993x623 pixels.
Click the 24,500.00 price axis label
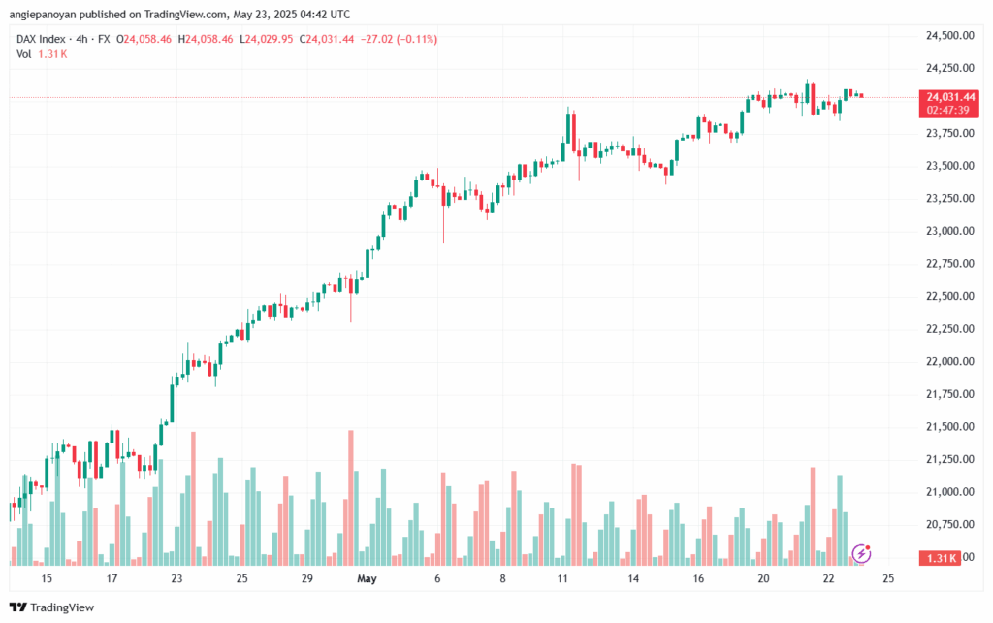tap(950, 35)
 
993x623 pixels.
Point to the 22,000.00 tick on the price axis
tap(950, 361)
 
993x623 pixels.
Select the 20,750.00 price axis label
tap(950, 524)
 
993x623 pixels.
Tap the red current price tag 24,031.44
tap(950, 97)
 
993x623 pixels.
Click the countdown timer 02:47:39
tap(950, 110)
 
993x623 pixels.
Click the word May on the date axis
tap(367, 578)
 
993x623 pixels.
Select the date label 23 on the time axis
tap(176, 578)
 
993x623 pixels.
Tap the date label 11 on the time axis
tap(562, 578)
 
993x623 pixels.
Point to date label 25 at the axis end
tap(888, 578)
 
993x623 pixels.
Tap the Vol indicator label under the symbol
tap(24, 54)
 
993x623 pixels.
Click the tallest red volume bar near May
tap(350, 497)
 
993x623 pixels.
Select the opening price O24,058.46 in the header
tap(144, 39)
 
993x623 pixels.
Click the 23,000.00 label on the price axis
tap(950, 231)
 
